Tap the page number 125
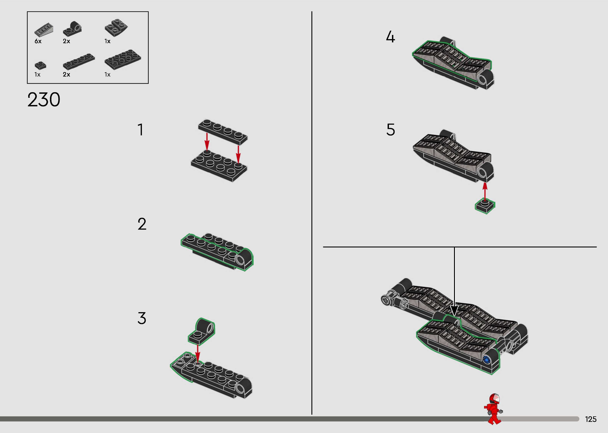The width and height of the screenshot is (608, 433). (591, 419)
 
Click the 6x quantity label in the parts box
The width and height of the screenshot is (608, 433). (38, 41)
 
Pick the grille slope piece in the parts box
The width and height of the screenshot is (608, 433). (44, 31)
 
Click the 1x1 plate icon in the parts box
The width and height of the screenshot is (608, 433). (40, 65)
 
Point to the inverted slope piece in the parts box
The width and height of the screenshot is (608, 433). (116, 28)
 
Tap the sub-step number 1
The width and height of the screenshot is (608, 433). (141, 130)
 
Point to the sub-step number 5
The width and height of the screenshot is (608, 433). (390, 130)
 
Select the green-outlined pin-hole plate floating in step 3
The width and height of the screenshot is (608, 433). (202, 331)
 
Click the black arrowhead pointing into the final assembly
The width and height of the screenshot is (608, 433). (454, 311)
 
